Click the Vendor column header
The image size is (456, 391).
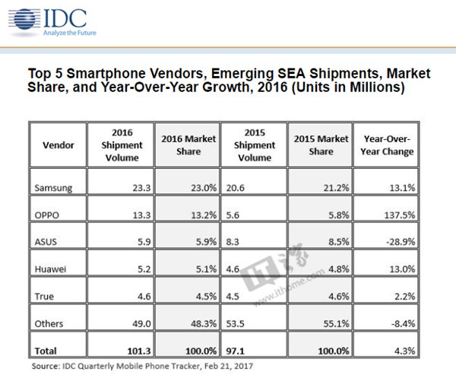coord(59,145)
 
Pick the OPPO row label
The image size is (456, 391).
coord(48,215)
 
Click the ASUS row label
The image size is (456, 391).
coord(47,242)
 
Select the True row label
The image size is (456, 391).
coord(45,296)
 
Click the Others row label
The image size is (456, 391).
coord(50,323)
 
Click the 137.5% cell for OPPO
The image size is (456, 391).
coord(398,215)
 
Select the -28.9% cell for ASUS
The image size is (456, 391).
coord(399,242)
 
